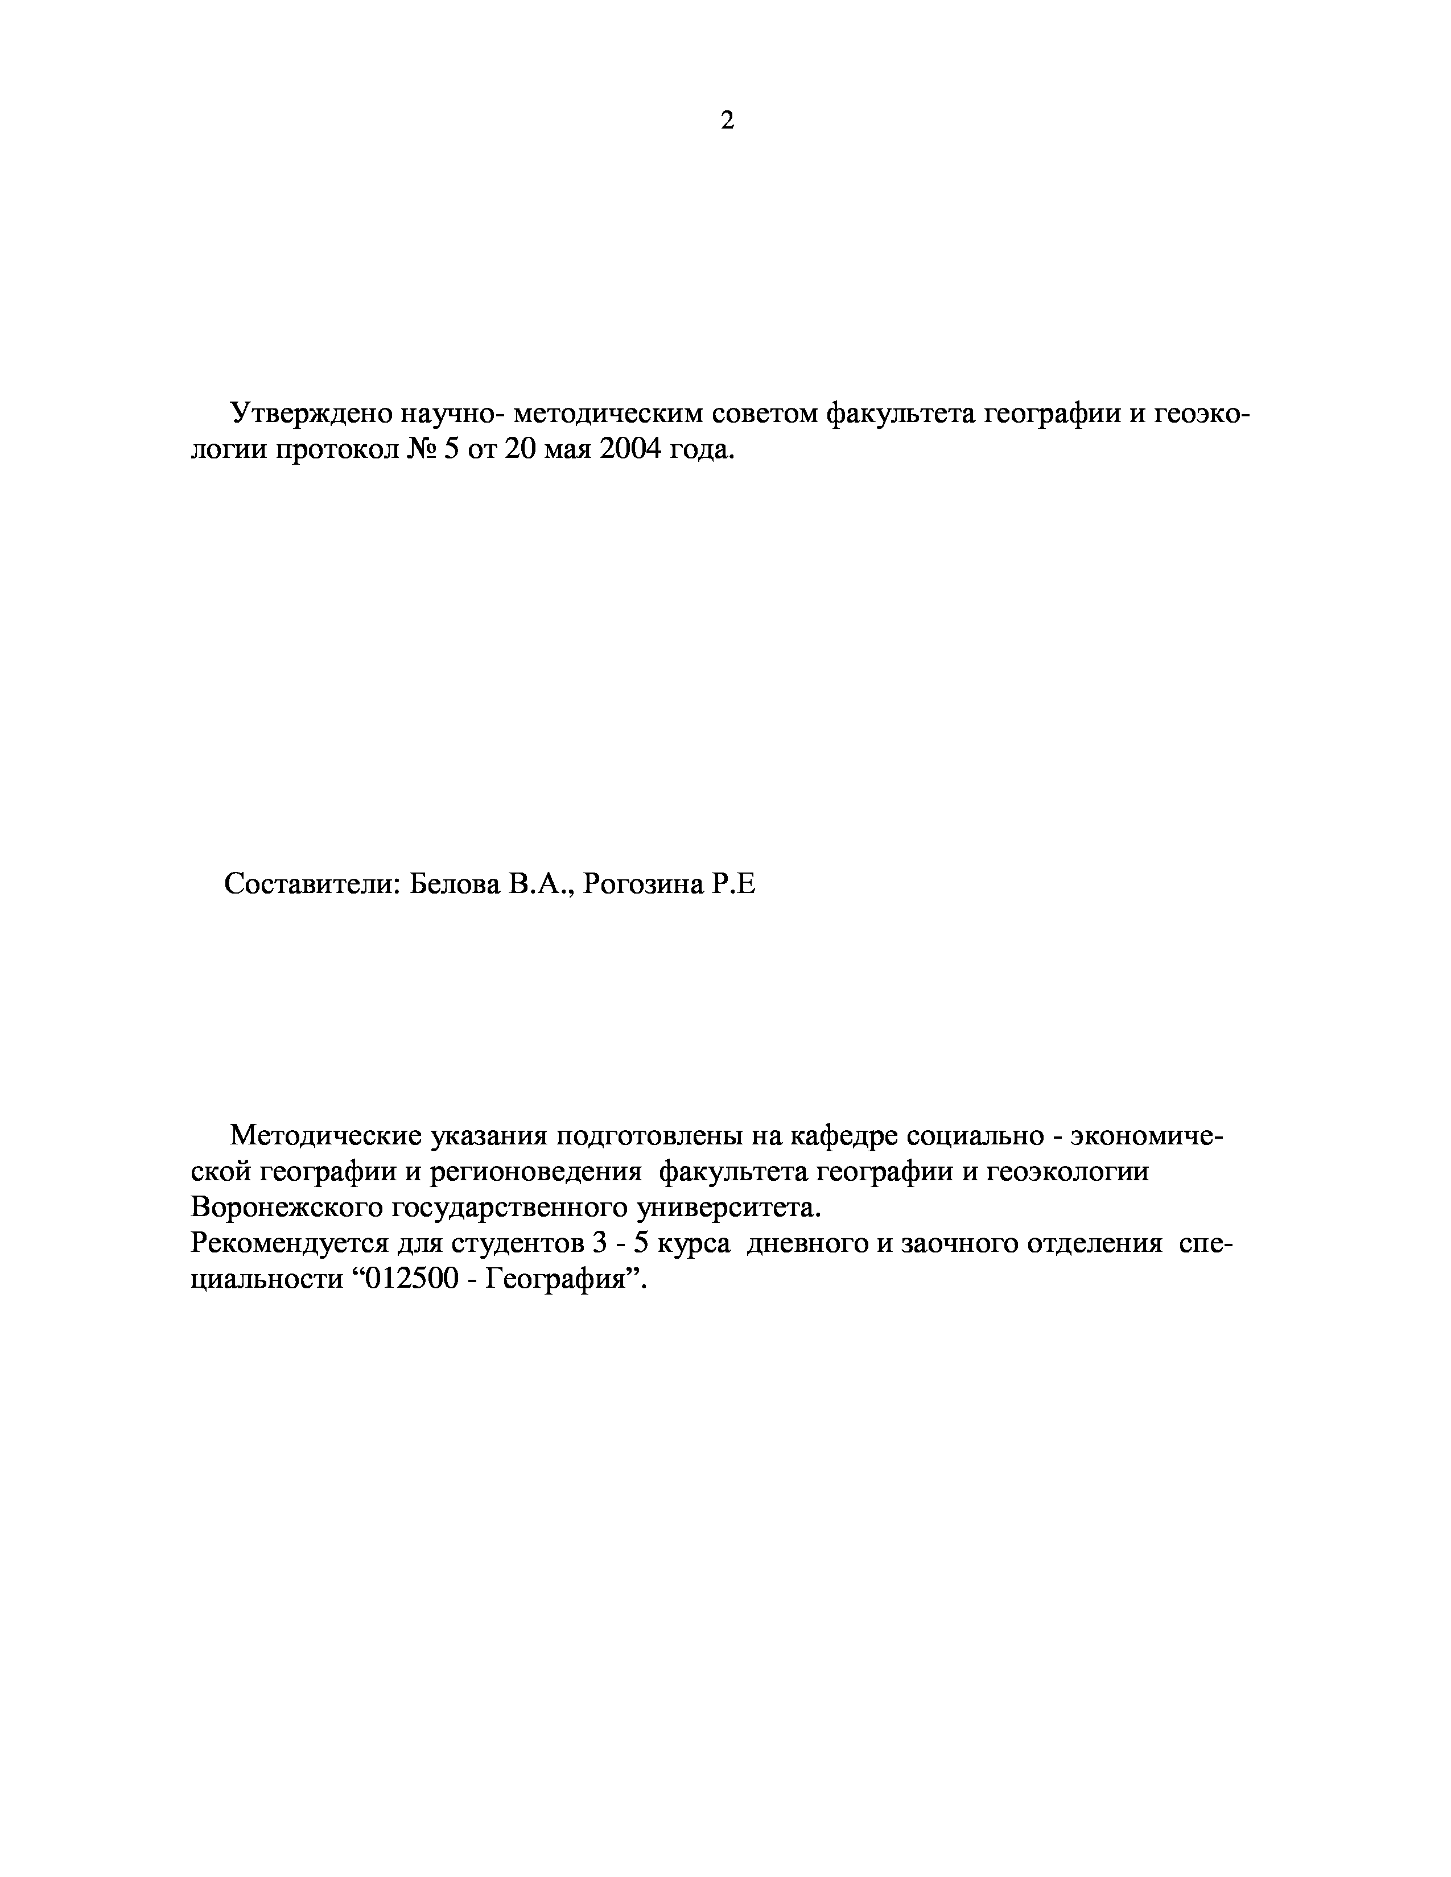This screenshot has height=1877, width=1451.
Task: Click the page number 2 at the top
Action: pyautogui.click(x=727, y=121)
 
